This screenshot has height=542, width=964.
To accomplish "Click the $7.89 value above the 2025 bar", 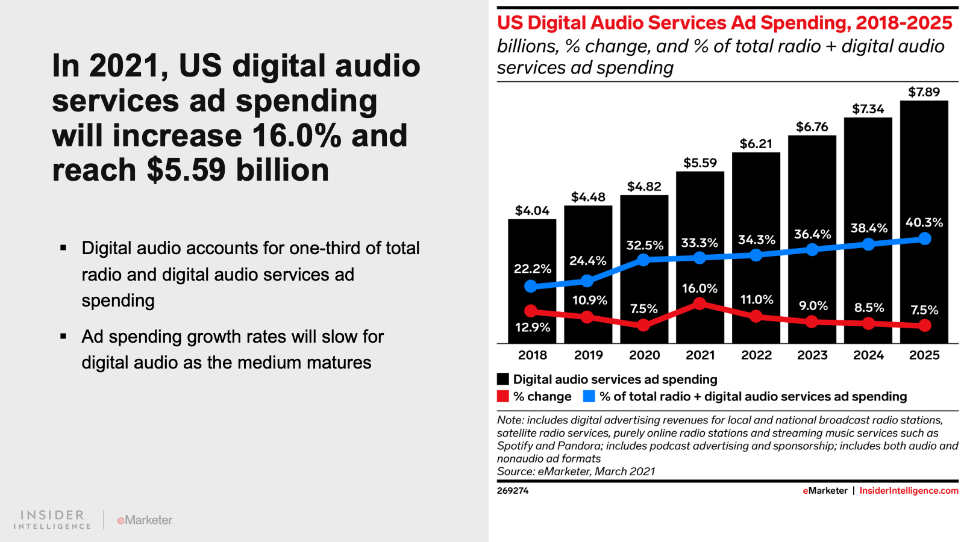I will tap(924, 92).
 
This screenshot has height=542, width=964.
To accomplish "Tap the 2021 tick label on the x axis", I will tap(700, 355).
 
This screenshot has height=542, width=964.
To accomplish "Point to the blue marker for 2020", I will tap(643, 260).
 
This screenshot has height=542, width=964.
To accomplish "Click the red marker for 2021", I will tap(700, 304).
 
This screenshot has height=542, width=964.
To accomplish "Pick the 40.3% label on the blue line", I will tap(924, 223).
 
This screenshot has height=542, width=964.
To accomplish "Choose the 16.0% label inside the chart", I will tap(700, 288).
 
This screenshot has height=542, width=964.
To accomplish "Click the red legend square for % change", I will tap(503, 396).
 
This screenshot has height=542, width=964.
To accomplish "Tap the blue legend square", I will tap(589, 396).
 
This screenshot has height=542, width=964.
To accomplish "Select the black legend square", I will tap(503, 379).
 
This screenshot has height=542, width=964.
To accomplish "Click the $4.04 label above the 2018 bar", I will tap(532, 211).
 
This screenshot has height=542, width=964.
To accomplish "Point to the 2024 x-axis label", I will tap(868, 355).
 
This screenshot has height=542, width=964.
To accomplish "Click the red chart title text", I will tap(724, 23).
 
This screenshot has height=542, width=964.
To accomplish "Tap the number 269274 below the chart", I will tap(513, 491).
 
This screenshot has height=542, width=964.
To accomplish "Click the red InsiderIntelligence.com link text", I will tap(909, 491).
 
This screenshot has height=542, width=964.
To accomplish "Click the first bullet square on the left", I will tap(63, 248).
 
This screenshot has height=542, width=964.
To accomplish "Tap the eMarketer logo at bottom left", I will tap(145, 520).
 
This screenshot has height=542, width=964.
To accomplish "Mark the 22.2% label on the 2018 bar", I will tap(532, 269).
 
